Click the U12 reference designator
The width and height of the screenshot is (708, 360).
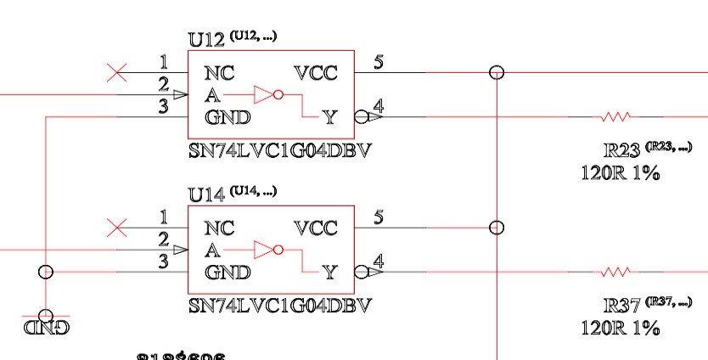tap(206, 39)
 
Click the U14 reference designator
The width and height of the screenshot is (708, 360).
tap(206, 194)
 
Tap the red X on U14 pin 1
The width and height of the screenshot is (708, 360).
tap(117, 228)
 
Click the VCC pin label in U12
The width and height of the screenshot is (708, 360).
tap(315, 73)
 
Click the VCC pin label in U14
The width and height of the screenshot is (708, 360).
tap(315, 228)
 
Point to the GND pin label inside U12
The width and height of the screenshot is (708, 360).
tap(227, 117)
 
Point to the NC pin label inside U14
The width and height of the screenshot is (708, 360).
tap(219, 228)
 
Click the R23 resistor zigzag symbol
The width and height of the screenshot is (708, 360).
tap(616, 116)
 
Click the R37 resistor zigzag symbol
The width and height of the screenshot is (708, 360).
tap(616, 272)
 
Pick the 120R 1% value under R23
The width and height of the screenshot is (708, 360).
tap(619, 174)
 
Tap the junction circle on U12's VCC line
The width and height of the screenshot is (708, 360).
tap(497, 73)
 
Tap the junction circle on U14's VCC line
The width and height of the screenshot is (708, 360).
tap(497, 228)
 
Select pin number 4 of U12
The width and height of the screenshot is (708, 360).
tap(378, 106)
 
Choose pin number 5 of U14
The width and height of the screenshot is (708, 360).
tap(378, 217)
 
